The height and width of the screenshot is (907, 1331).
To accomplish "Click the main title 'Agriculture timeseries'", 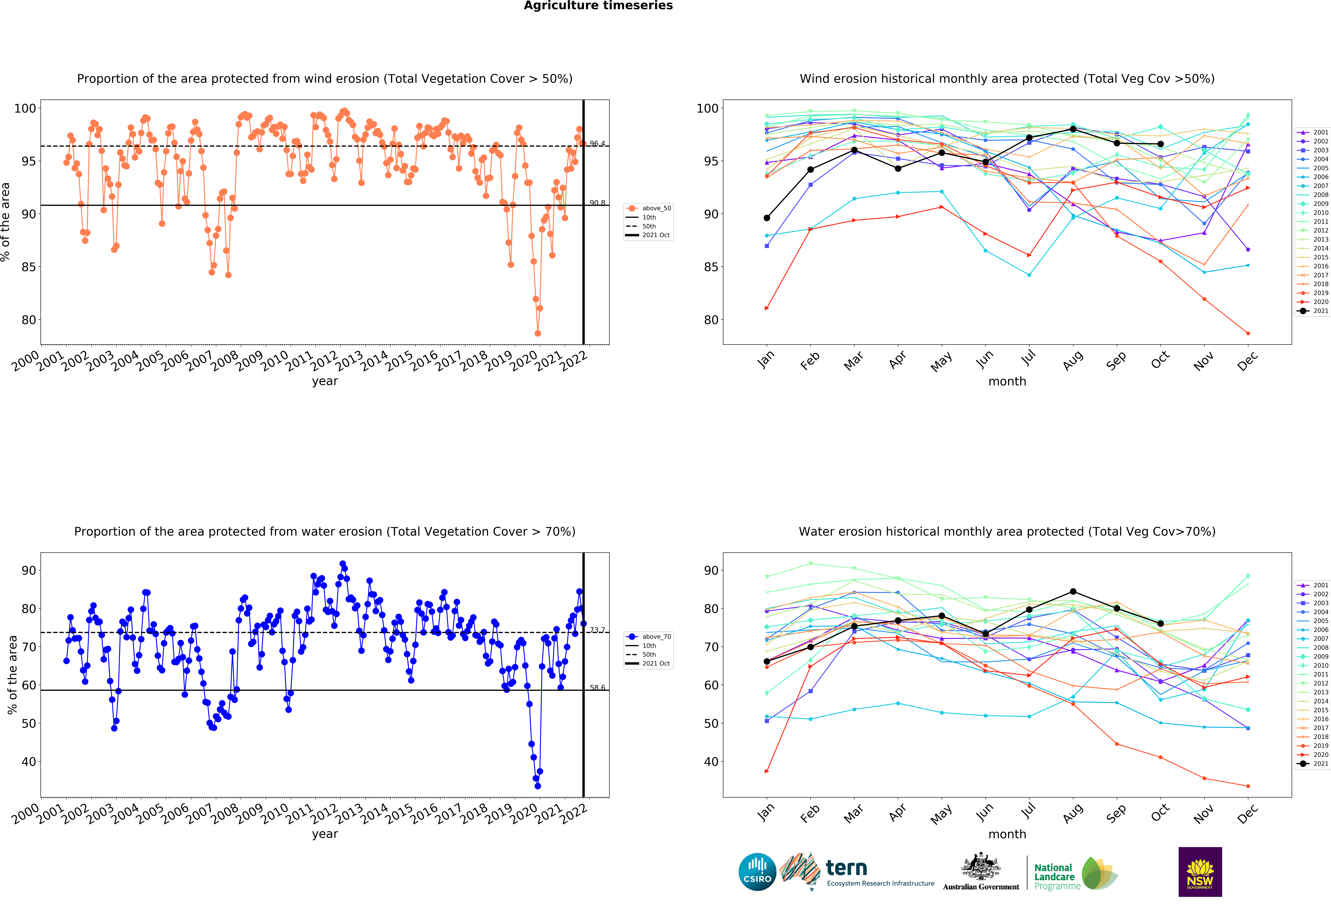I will point(598,6).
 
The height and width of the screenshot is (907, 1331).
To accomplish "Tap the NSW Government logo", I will point(1200,872).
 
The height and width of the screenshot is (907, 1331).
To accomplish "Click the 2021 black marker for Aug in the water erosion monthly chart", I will point(1073,592).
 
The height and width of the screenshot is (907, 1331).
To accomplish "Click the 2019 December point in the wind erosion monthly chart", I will point(1248,333).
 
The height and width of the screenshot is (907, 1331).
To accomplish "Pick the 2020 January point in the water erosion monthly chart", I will point(767,771).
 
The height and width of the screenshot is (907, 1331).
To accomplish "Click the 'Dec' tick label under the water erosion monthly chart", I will point(1247,813).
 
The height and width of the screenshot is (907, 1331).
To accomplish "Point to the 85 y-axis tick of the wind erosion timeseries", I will point(28,267).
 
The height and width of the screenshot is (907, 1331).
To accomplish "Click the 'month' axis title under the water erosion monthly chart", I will point(1007,834).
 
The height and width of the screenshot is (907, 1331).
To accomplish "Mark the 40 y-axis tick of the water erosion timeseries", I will point(29,762).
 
